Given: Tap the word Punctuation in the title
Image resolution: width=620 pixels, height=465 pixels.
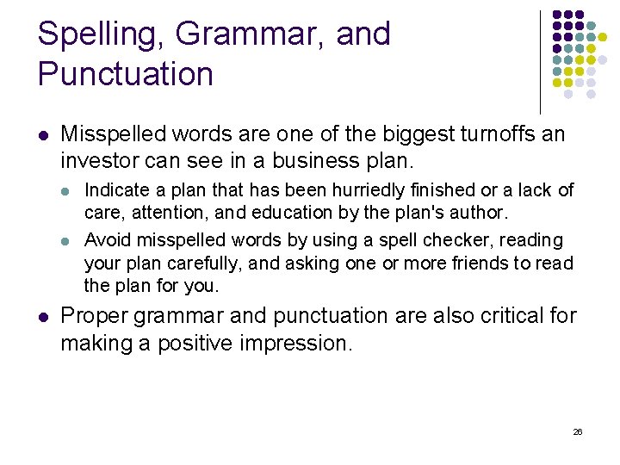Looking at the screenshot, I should click(126, 75).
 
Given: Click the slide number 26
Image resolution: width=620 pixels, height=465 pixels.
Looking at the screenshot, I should click(578, 431).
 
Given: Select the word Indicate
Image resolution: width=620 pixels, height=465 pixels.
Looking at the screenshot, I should click(118, 190).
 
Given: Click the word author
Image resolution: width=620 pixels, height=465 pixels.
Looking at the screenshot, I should click(482, 211).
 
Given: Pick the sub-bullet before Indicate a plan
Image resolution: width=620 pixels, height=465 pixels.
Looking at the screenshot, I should click(69, 190).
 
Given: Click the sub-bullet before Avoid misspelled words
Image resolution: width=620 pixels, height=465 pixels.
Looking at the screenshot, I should click(69, 240).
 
